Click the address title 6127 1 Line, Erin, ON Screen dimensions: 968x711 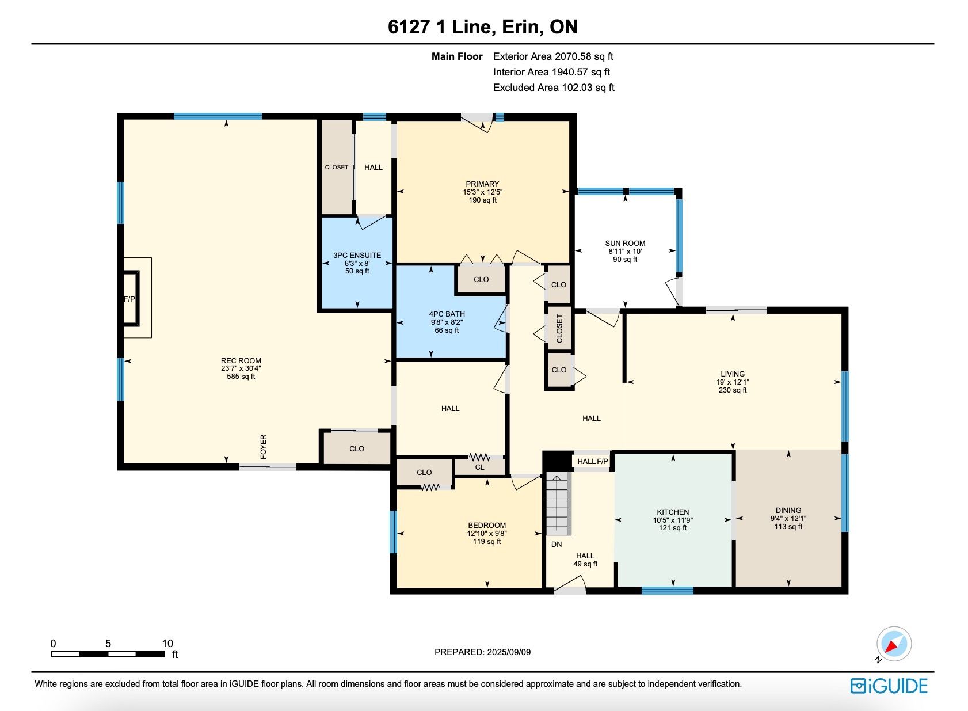point(483,27)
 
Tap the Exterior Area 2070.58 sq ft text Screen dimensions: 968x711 point(553,56)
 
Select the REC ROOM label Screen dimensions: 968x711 point(241,360)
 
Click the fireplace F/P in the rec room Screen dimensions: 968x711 point(131,299)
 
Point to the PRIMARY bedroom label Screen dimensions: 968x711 point(482,184)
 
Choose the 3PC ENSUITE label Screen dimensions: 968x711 point(357,256)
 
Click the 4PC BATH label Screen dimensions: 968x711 point(447,314)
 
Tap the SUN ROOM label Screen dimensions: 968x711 point(625,244)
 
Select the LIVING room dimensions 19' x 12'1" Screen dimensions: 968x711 point(733,382)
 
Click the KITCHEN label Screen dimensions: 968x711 point(673,512)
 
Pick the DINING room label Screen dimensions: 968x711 point(788,511)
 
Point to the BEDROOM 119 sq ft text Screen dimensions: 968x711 point(487,542)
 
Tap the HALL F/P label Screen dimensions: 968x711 point(592,462)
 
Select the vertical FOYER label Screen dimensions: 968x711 point(263,447)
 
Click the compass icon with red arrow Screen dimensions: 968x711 point(894,644)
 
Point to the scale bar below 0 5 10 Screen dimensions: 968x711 point(108,654)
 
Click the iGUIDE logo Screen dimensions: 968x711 point(889,686)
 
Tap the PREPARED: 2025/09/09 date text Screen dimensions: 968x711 point(482,652)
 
